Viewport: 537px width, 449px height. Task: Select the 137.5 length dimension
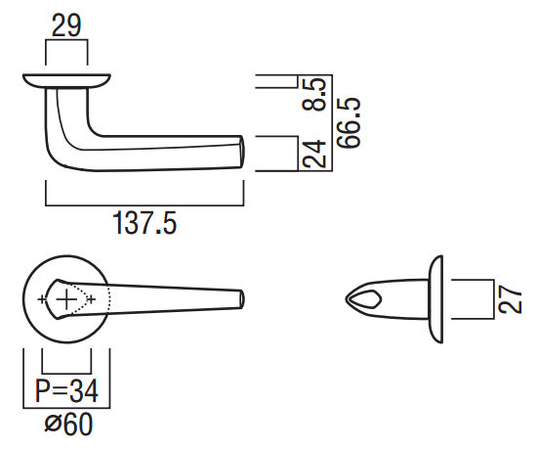pyautogui.click(x=144, y=225)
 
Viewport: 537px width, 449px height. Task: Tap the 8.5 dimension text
pyautogui.click(x=315, y=93)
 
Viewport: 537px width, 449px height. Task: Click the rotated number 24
pyautogui.click(x=315, y=154)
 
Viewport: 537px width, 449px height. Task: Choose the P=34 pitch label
pyautogui.click(x=67, y=392)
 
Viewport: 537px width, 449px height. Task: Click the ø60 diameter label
pyautogui.click(x=67, y=426)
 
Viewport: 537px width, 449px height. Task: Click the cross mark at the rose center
pyautogui.click(x=66, y=298)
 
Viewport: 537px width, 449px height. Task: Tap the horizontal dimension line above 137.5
pyautogui.click(x=144, y=206)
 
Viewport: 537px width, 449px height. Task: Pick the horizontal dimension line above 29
pyautogui.click(x=67, y=40)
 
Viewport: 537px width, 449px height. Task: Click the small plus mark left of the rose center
pyautogui.click(x=41, y=297)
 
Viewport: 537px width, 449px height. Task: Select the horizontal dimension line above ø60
pyautogui.click(x=67, y=408)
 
